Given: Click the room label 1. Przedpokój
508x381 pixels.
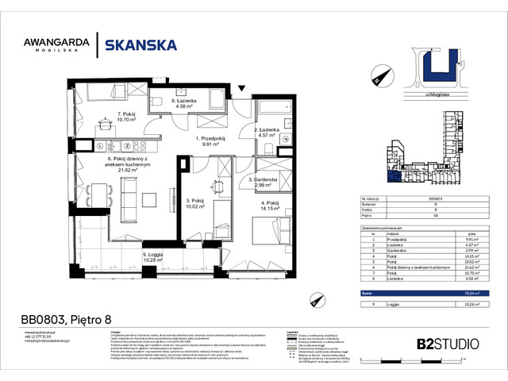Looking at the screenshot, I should coord(211,141).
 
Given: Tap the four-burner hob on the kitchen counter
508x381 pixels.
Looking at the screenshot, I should coord(104,146).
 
